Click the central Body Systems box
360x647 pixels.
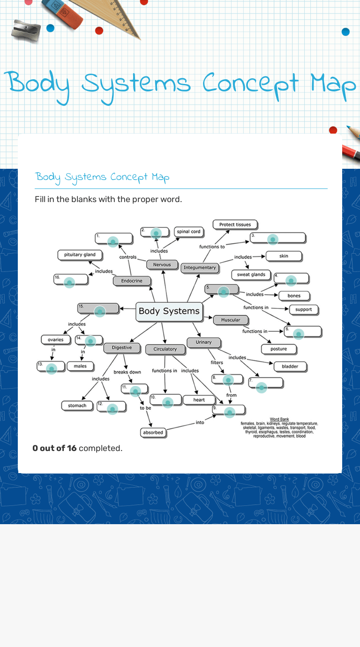pyautogui.click(x=169, y=311)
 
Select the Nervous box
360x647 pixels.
pyautogui.click(x=162, y=265)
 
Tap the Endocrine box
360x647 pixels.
pyautogui.click(x=132, y=281)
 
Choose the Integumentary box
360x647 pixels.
pyautogui.click(x=200, y=268)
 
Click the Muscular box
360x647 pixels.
pyautogui.click(x=231, y=320)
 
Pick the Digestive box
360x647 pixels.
pyautogui.click(x=121, y=348)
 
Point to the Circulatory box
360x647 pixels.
pyautogui.click(x=165, y=349)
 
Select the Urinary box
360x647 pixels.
pyautogui.click(x=203, y=343)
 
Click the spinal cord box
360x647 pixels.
pyautogui.click(x=188, y=232)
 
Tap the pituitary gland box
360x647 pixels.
pyautogui.click(x=80, y=255)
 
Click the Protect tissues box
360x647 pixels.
pyautogui.click(x=235, y=225)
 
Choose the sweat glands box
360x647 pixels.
pyautogui.click(x=251, y=275)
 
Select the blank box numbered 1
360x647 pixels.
pyautogui.click(x=114, y=239)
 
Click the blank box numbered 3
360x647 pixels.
pyautogui.click(x=278, y=238)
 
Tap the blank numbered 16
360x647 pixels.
pyautogui.click(x=71, y=280)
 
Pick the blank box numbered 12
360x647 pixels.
pyautogui.click(x=112, y=407)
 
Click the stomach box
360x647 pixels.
pyautogui.click(x=77, y=406)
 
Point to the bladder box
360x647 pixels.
pyautogui.click(x=290, y=367)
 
